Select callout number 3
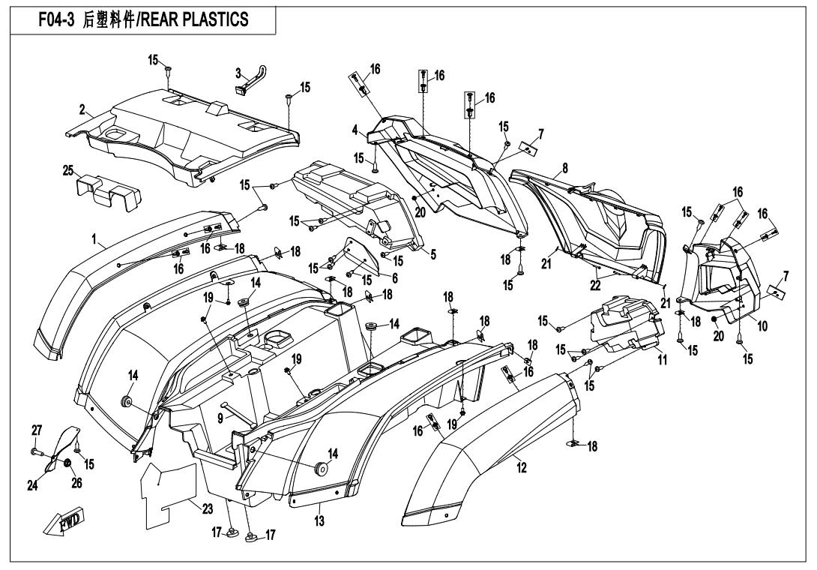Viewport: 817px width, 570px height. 238,73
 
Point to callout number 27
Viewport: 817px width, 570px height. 35,430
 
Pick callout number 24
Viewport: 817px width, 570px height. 33,485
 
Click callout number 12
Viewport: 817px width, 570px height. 521,468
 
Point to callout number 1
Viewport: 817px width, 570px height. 95,240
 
